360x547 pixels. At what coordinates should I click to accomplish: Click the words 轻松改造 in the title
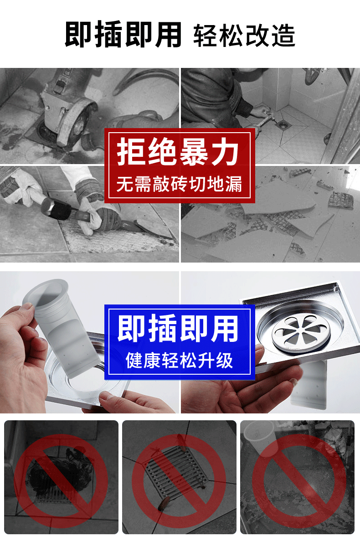click(244, 36)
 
